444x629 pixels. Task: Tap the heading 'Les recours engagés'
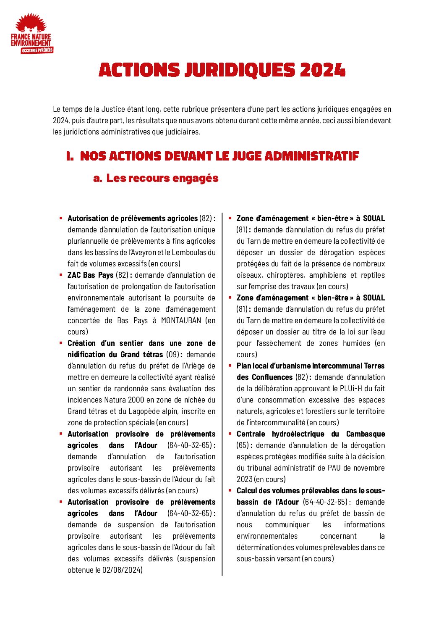tap(162, 178)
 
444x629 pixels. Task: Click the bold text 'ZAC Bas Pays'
tap(90, 275)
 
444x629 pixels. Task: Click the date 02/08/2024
tap(122, 570)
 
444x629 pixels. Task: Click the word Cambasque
tap(365, 434)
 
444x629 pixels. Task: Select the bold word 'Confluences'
tap(272, 377)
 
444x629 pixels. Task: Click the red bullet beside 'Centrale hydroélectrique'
tap(230, 434)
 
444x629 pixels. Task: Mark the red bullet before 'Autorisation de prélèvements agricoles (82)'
tap(61, 218)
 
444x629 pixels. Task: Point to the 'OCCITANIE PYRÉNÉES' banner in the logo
tap(37, 50)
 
